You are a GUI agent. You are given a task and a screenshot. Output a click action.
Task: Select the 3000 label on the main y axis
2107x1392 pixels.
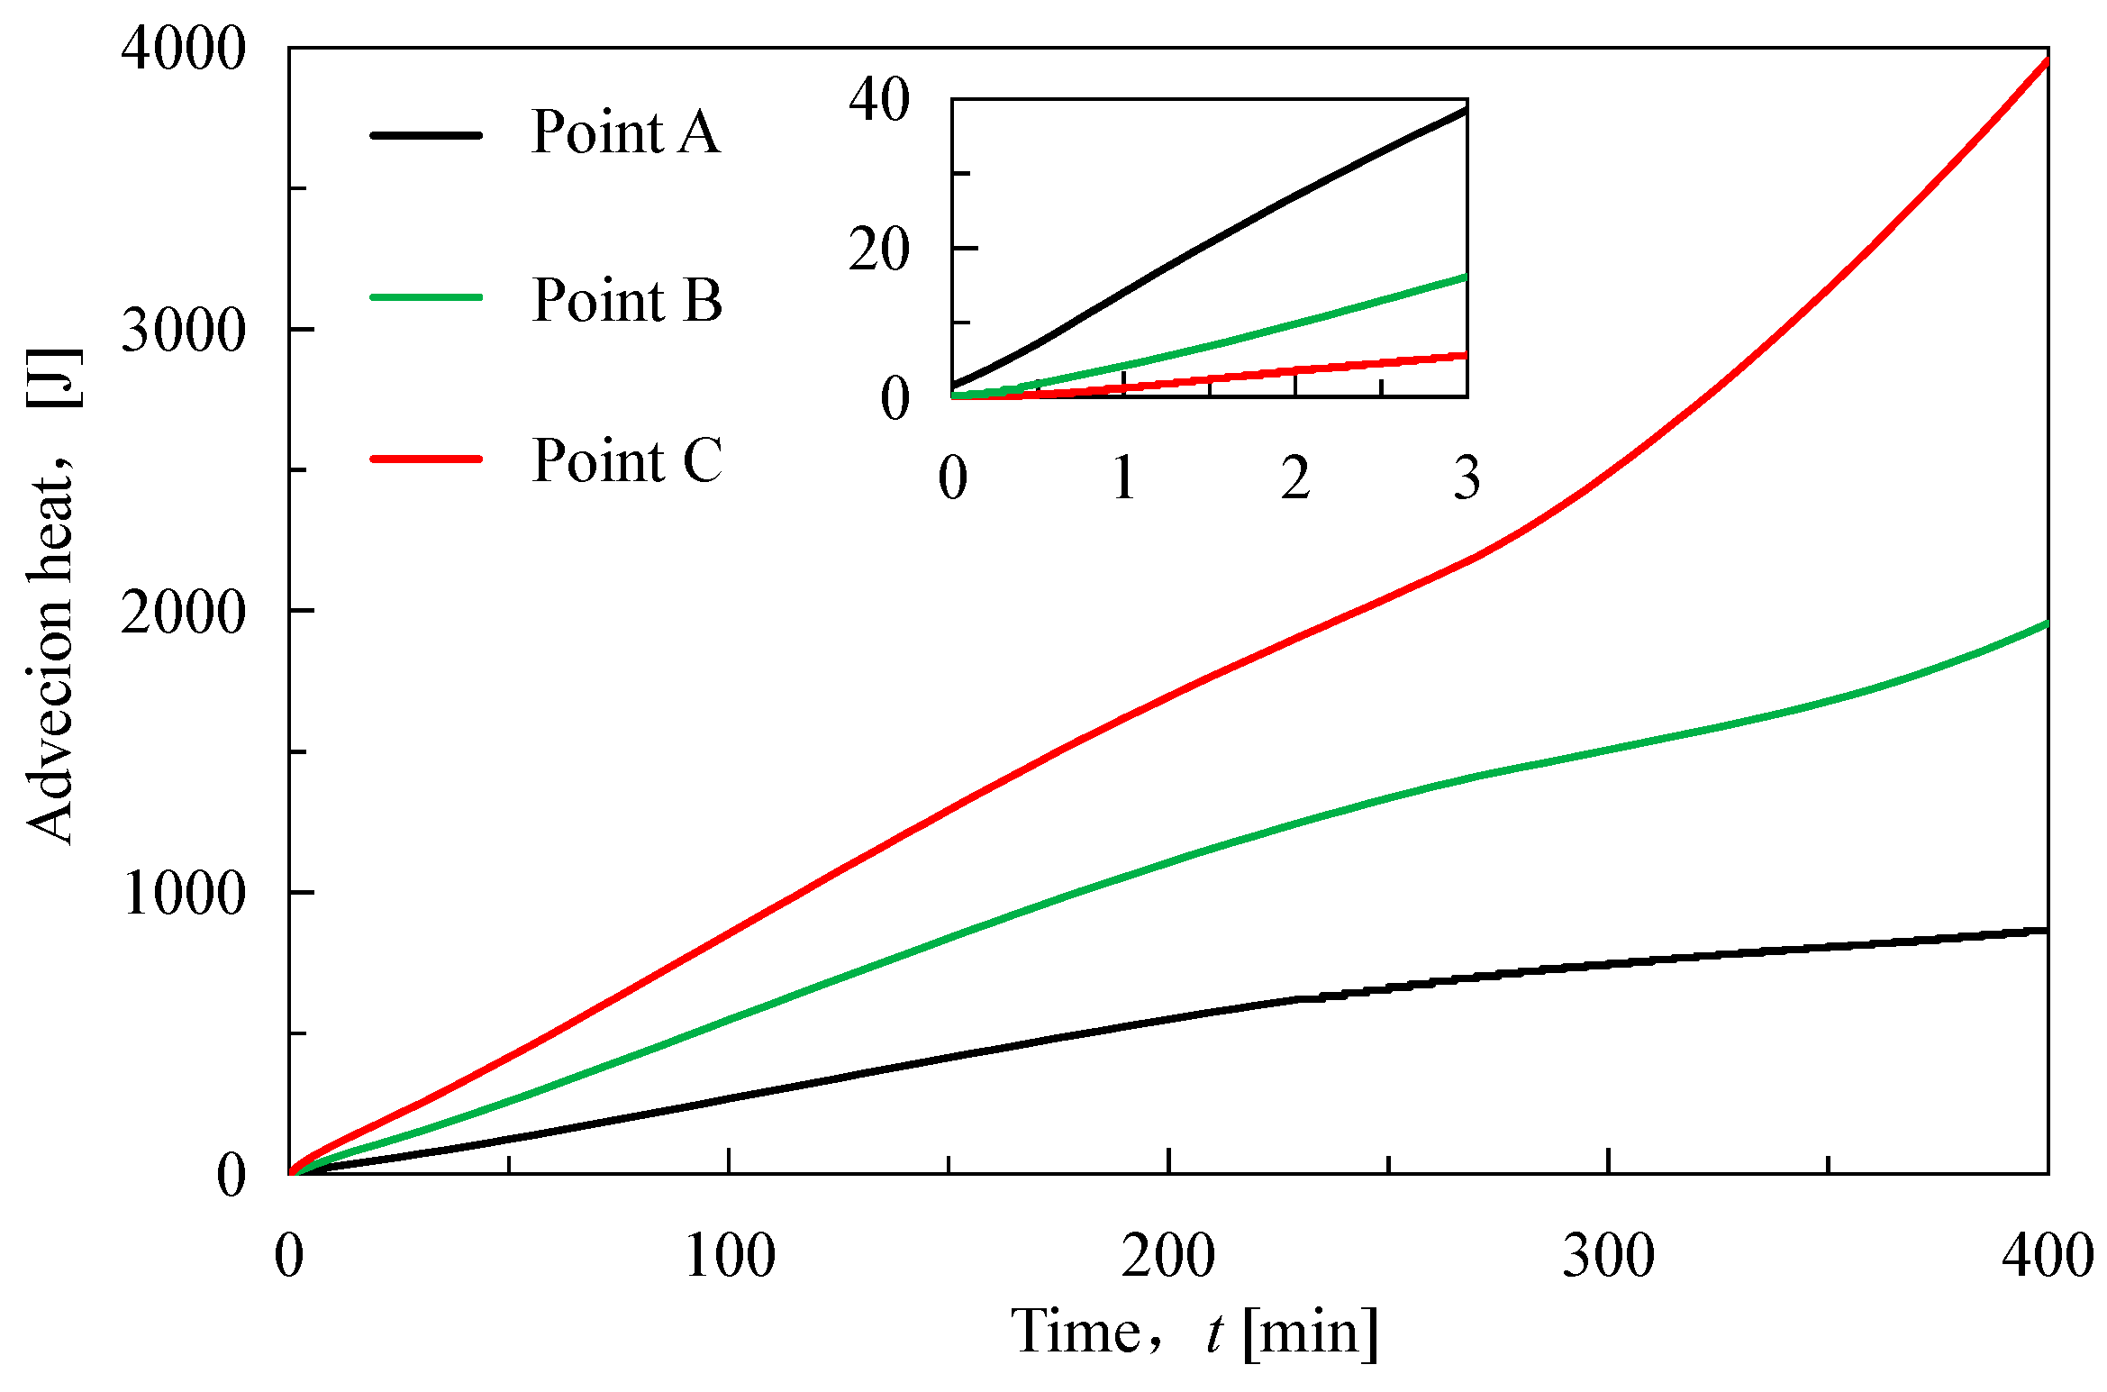[x=183, y=330]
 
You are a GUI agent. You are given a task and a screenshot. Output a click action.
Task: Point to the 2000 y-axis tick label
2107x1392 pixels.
[x=183, y=613]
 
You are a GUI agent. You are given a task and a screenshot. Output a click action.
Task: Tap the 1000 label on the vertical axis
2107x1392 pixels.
[x=183, y=894]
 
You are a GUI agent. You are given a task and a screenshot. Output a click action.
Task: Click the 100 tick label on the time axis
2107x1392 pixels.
[x=729, y=1255]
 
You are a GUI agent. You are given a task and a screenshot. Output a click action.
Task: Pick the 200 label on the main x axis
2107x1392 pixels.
[x=1168, y=1255]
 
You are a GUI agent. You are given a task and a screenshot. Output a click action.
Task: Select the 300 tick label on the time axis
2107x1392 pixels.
[x=1608, y=1255]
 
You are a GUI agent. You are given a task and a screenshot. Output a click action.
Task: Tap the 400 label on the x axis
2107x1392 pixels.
[x=2047, y=1255]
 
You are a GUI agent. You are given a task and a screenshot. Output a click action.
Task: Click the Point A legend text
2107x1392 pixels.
[x=626, y=132]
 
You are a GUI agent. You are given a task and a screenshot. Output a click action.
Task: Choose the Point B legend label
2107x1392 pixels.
[x=627, y=299]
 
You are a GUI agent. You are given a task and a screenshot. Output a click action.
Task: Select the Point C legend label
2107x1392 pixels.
[x=627, y=460]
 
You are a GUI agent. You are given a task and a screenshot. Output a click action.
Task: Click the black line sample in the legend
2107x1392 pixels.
[x=426, y=135]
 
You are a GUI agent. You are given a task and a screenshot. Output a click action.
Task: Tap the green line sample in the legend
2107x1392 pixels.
[x=426, y=296]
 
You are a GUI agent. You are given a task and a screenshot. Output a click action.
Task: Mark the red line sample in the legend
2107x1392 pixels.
[x=426, y=459]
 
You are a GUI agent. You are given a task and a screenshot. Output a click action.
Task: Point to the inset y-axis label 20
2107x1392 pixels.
[x=879, y=250]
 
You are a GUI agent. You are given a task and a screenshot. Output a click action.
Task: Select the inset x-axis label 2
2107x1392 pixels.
[x=1295, y=478]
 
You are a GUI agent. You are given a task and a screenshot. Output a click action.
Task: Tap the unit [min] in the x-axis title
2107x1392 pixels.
[x=1311, y=1332]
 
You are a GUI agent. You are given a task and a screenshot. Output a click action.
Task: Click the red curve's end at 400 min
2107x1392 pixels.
[x=2045, y=62]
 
